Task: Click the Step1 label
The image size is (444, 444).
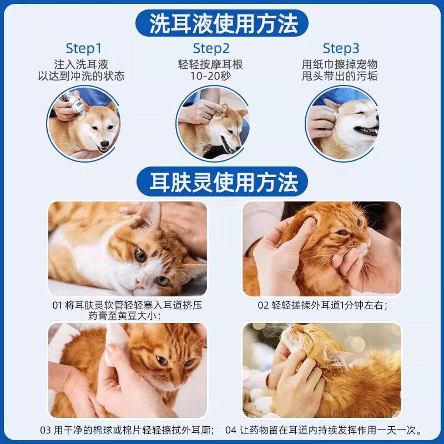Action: (x=83, y=49)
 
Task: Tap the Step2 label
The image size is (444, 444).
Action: (x=211, y=49)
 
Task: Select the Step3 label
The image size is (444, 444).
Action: (x=341, y=49)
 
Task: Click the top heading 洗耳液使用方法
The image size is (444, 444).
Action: (x=224, y=23)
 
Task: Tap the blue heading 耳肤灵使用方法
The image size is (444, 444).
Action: (x=224, y=182)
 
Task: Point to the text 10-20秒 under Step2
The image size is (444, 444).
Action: (x=211, y=76)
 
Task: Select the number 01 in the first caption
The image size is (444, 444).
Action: (x=57, y=306)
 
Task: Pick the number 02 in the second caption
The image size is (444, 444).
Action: (x=262, y=306)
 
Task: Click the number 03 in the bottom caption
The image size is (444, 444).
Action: (x=46, y=431)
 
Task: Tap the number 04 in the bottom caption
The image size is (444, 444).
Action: (x=231, y=431)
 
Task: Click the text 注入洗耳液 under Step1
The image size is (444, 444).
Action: (x=81, y=64)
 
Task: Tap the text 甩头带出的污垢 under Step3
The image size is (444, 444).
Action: (x=340, y=76)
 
